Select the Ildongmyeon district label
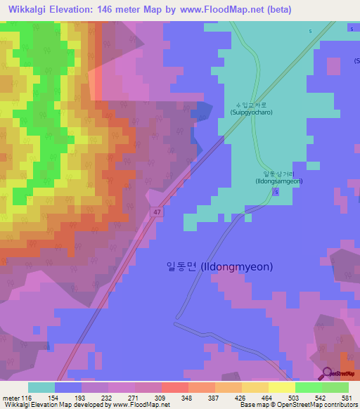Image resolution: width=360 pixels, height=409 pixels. coord(219,266)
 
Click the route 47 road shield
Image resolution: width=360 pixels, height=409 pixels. coord(155,211)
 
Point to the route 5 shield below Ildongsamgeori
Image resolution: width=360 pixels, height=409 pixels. coord(276,192)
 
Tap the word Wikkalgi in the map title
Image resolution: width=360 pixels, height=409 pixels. coord(30,10)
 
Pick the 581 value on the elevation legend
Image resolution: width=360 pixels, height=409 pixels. coord(348,397)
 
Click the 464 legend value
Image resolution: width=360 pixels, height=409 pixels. coord(268,397)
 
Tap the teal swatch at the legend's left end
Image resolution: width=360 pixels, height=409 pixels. coord(41,387)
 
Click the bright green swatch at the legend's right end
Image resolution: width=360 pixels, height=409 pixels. coord(335,387)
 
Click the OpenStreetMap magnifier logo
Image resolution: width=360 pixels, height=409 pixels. coord(327,374)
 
